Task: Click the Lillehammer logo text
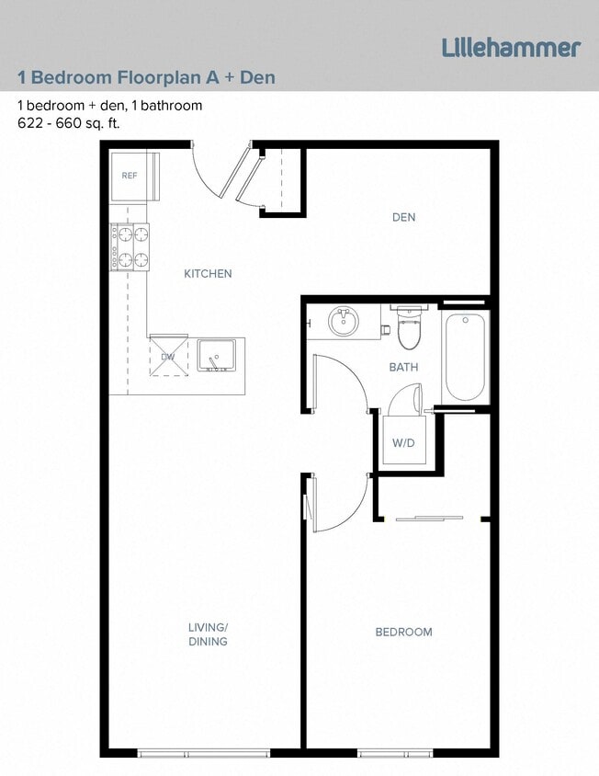click(511, 48)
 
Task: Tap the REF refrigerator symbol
click(130, 175)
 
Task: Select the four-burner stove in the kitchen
click(130, 247)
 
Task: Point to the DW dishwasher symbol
click(168, 356)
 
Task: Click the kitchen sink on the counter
click(217, 355)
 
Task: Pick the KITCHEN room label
click(208, 274)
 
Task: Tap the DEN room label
click(403, 218)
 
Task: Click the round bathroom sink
click(344, 322)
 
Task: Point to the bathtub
click(465, 357)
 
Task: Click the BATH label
click(403, 368)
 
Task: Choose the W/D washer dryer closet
click(404, 443)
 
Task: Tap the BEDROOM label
click(403, 633)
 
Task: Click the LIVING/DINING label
click(208, 634)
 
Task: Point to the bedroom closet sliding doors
click(430, 519)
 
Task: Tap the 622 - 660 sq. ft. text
click(69, 122)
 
